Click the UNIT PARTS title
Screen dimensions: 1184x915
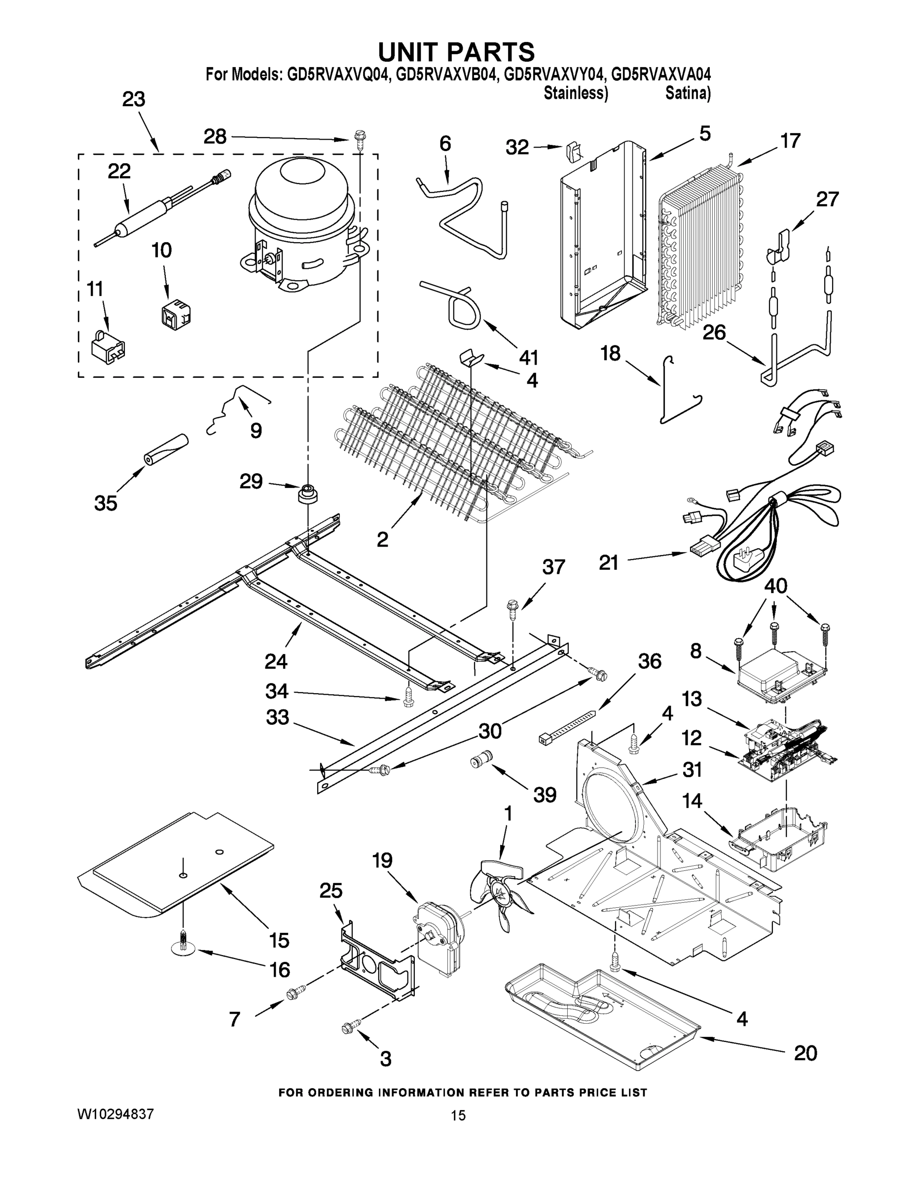coord(456,52)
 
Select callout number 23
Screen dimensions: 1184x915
coord(133,100)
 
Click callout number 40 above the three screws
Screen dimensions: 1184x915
coord(775,586)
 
